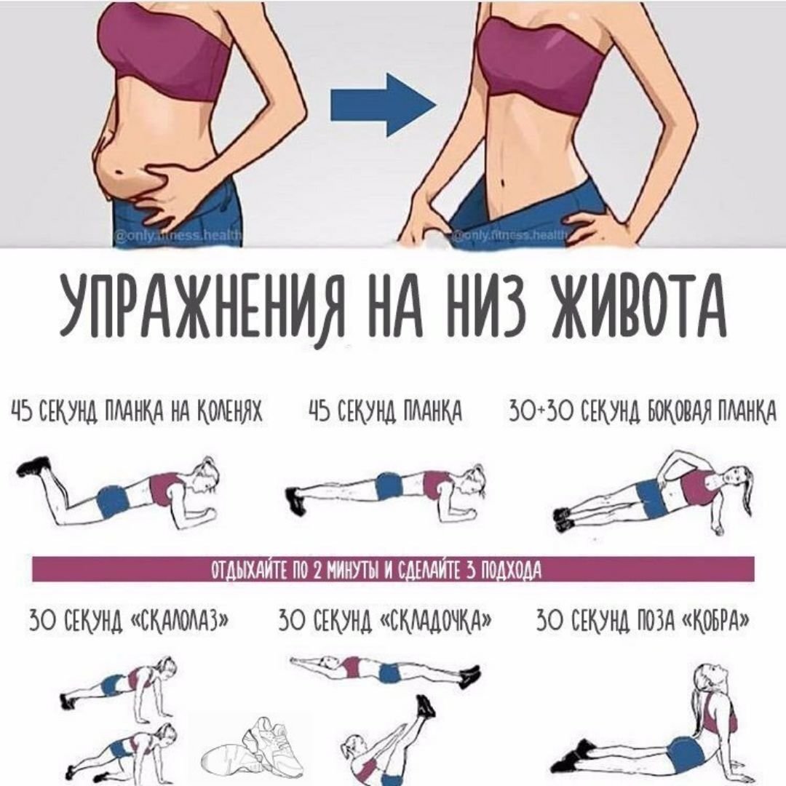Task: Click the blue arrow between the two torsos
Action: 383,106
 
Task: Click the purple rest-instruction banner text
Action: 376,569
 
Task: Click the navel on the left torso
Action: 119,171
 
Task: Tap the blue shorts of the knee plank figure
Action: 114,501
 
